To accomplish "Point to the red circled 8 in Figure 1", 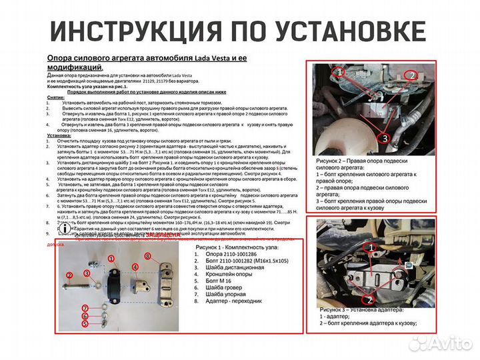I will tap(148, 256).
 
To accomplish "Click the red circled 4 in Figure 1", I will tap(135, 267).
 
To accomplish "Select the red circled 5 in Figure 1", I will tap(85, 323).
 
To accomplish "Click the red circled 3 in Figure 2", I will tap(386, 138).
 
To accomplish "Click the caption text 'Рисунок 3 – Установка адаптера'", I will tap(360, 309).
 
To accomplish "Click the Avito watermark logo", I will tap(440, 343).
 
